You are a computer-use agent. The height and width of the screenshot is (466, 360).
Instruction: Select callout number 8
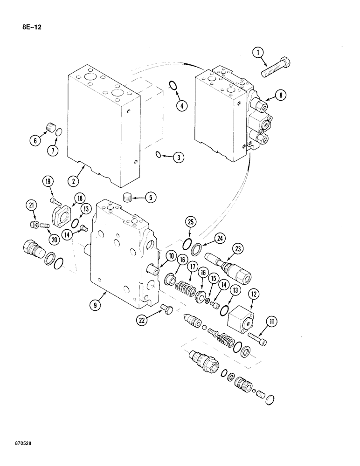(x=281, y=96)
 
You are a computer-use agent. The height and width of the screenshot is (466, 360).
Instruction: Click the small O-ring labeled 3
(x=159, y=155)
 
